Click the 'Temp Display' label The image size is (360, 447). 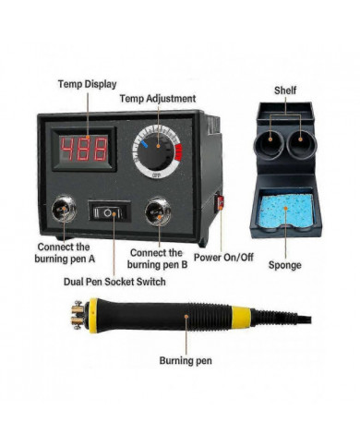88,84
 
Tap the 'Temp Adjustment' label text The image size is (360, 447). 158,99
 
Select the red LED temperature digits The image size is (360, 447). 84,150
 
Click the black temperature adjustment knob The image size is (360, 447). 156,151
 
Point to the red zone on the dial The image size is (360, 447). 178,151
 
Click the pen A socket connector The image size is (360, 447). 64,209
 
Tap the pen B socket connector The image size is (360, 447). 158,211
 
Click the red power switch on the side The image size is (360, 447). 220,203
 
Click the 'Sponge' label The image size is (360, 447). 284,265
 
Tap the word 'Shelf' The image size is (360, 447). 285,91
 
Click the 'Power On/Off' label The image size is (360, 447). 223,258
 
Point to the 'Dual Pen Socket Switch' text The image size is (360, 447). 114,282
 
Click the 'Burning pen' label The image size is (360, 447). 186,360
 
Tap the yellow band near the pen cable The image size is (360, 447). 241,317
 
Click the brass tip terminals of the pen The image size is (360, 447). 78,315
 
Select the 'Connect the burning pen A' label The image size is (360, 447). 65,253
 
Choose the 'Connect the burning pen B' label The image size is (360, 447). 157,259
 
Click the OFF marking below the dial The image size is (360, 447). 156,175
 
